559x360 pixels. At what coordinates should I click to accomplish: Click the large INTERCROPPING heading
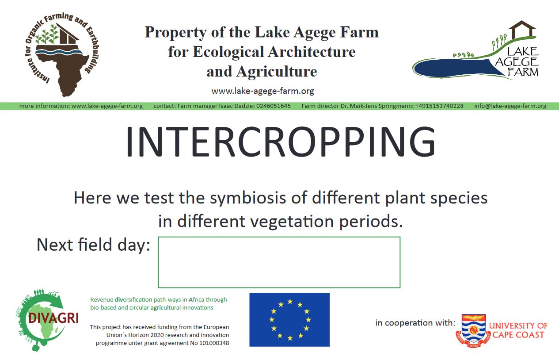point(281,142)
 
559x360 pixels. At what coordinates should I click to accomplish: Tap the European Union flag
point(289,319)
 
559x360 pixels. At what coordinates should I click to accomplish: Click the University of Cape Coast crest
point(473,331)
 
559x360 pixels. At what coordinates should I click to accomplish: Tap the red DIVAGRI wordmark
point(53,318)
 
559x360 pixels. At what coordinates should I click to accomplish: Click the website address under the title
point(262,91)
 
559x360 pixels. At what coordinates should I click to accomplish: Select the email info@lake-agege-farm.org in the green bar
point(510,106)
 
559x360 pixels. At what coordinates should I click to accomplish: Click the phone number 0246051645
point(274,106)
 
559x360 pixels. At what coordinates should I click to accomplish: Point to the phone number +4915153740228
point(439,106)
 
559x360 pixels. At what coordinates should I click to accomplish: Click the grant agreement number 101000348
point(214,343)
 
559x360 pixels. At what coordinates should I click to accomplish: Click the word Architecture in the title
point(312,52)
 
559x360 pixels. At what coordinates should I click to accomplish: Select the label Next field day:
point(93,245)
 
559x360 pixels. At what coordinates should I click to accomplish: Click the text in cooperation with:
point(415,323)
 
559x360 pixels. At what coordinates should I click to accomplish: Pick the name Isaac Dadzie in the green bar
point(237,106)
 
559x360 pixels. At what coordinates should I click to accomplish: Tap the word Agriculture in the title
point(277,72)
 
